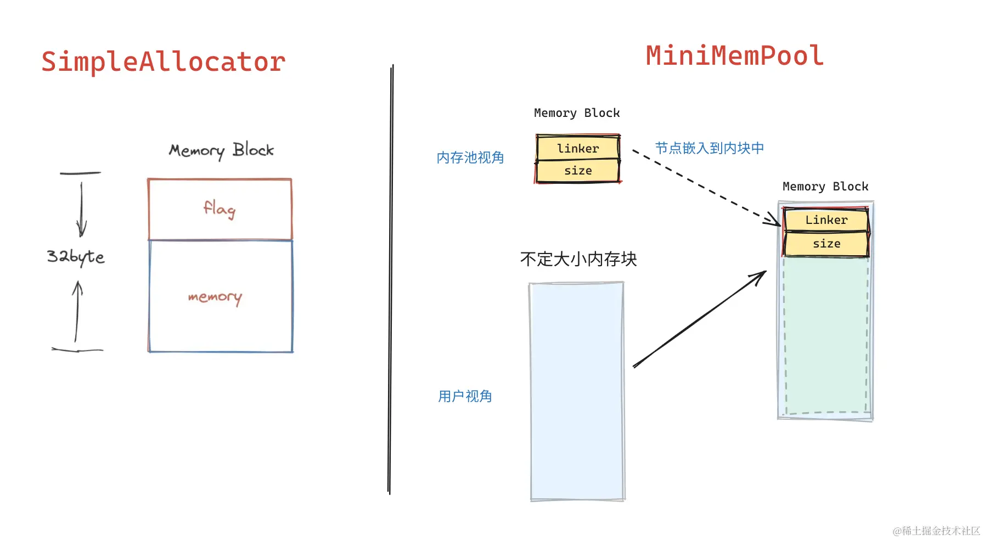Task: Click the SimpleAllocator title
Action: tap(163, 61)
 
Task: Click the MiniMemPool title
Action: tap(734, 56)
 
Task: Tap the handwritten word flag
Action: tap(220, 209)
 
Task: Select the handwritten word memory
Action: tap(215, 297)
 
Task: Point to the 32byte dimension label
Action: tap(75, 256)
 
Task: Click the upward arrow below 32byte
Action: tap(77, 310)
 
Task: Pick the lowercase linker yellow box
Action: tap(578, 148)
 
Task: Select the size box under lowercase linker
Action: tap(578, 171)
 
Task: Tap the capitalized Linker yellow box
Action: tap(826, 220)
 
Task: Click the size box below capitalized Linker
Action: tap(826, 244)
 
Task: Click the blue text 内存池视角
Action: tap(470, 158)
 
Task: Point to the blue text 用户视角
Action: tap(465, 396)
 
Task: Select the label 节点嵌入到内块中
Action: tap(709, 148)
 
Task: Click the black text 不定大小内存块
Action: tap(578, 259)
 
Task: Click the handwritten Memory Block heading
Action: tap(221, 150)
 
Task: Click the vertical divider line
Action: tap(391, 280)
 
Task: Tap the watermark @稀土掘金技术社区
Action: tap(936, 531)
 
